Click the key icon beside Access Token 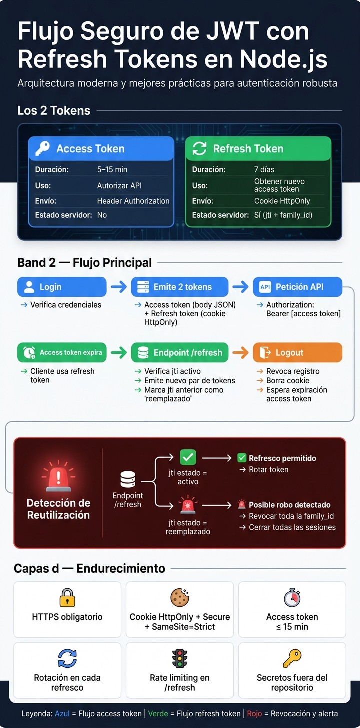[x=43, y=148]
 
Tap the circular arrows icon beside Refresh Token [x=200, y=148]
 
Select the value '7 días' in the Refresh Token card [x=264, y=169]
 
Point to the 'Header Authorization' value [x=133, y=201]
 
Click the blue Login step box [x=62, y=287]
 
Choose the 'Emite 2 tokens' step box [x=179, y=287]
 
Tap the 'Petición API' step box [x=297, y=287]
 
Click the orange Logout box [x=297, y=352]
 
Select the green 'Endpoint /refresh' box [x=179, y=352]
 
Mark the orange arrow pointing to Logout [x=241, y=352]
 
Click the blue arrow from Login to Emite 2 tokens [x=119, y=287]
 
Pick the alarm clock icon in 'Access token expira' [x=29, y=352]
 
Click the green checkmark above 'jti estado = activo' [x=188, y=457]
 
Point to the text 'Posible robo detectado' [x=290, y=505]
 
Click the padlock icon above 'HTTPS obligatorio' [x=67, y=597]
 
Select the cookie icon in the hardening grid [x=180, y=597]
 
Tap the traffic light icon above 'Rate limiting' [x=179, y=658]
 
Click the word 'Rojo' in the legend [x=254, y=713]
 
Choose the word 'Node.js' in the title [x=283, y=59]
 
